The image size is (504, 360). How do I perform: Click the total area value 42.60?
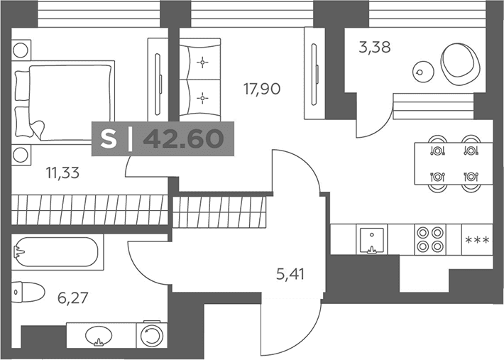click(183, 139)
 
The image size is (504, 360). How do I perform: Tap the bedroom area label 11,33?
click(62, 173)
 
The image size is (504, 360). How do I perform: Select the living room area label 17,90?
click(262, 89)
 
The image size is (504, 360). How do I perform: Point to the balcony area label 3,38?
click(375, 48)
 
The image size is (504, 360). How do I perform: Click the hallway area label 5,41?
click(290, 275)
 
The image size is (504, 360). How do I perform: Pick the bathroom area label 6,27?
click(72, 298)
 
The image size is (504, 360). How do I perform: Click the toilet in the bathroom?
click(28, 292)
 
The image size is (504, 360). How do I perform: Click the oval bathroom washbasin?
click(99, 336)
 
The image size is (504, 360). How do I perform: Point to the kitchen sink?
click(372, 239)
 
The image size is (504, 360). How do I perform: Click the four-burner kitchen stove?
click(430, 239)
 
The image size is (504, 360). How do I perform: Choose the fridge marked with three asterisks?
click(477, 239)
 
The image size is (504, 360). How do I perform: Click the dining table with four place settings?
click(454, 163)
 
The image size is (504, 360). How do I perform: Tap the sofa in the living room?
click(200, 80)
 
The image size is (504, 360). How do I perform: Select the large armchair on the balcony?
click(461, 65)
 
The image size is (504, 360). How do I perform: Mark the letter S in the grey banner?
click(109, 139)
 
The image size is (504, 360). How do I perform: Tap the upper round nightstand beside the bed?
click(21, 50)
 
